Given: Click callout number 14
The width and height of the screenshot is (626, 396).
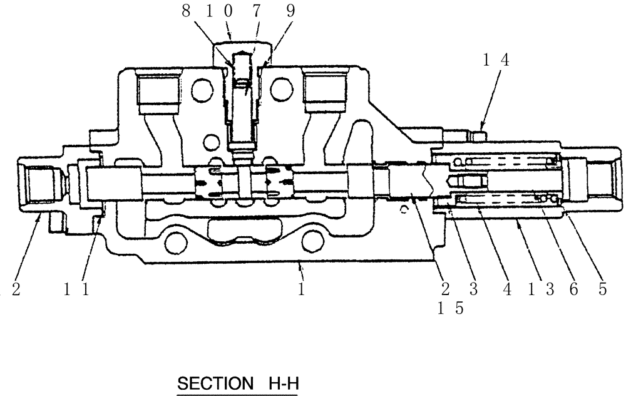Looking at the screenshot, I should (496, 60).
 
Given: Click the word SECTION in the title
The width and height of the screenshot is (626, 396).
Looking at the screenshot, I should (211, 383).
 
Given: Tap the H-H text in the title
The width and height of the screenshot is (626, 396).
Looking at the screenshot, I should (283, 383).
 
